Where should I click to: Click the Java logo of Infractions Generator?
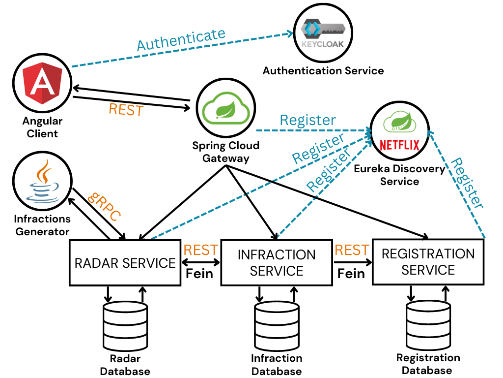click(x=42, y=181)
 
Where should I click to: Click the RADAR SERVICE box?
click(x=125, y=262)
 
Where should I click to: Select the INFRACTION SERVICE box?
click(x=276, y=263)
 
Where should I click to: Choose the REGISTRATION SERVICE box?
click(x=428, y=262)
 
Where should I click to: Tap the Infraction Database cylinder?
click(x=277, y=326)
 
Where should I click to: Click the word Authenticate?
click(x=181, y=40)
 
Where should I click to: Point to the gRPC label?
click(x=104, y=205)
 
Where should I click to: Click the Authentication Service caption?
click(x=323, y=70)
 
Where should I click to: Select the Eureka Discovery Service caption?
click(x=399, y=175)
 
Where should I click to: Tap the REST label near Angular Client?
click(x=126, y=110)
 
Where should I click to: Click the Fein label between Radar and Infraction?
click(x=199, y=273)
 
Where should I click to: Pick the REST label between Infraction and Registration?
click(x=352, y=250)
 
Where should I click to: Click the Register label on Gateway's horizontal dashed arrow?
click(x=307, y=120)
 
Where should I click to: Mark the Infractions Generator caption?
click(x=42, y=225)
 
